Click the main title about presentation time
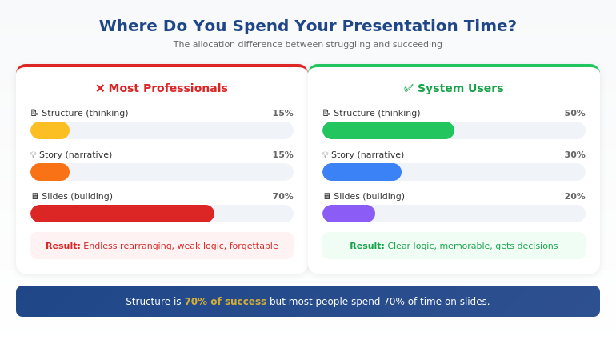[x=308, y=26]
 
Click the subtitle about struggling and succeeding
[x=308, y=45]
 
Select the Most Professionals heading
[x=168, y=88]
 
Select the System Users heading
[x=460, y=88]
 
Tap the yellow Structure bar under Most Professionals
[x=50, y=130]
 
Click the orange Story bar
[x=50, y=172]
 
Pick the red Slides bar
[x=122, y=214]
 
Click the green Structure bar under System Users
[x=388, y=130]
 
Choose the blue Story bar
[x=362, y=172]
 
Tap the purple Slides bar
[x=349, y=214]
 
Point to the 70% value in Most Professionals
[x=282, y=196]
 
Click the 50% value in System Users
[x=574, y=113]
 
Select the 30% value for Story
[x=574, y=154]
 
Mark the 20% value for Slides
[x=574, y=196]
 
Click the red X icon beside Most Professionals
[x=100, y=88]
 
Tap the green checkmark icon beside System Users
[x=409, y=88]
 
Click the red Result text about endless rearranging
[x=162, y=246]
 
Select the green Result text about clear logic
[x=454, y=246]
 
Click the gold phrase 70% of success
[x=225, y=302]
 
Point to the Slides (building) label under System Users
[x=369, y=196]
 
